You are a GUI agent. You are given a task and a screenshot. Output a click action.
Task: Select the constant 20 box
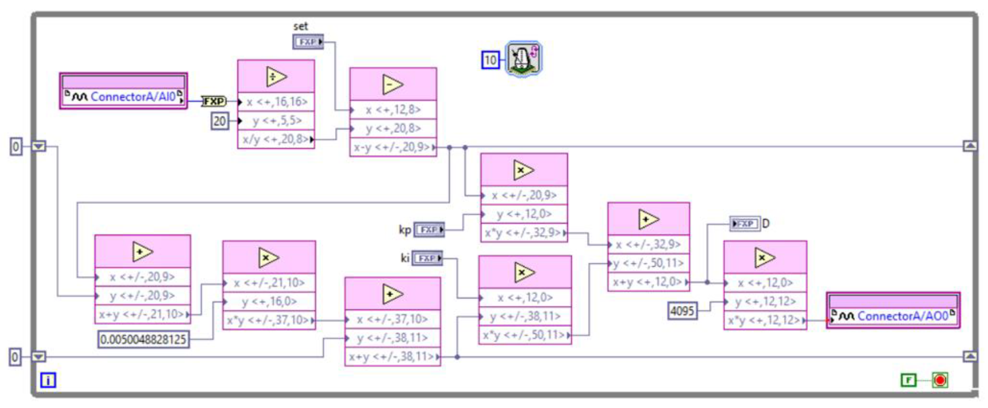pos(220,121)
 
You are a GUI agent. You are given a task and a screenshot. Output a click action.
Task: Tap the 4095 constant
pos(682,310)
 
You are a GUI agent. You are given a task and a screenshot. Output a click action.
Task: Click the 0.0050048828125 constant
pos(143,340)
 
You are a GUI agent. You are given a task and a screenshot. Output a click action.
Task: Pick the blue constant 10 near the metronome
pos(490,60)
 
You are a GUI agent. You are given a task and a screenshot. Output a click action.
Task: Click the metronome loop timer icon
pos(524,58)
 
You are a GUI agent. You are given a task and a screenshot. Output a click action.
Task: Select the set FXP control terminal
pos(308,41)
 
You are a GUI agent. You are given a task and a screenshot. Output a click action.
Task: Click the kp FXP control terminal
pos(429,230)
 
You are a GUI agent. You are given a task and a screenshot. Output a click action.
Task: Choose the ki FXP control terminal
pos(427,258)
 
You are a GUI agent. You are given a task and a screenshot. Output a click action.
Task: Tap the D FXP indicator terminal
pos(744,223)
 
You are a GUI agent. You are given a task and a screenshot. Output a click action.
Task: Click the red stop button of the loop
pos(940,380)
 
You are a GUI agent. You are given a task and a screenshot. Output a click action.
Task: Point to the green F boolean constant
pos(908,380)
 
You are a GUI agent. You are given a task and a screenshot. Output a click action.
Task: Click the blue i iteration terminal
pos(48,380)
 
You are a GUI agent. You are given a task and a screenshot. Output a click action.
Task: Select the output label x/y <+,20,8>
pos(275,139)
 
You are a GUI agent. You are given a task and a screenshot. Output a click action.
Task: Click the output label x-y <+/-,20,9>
pos(392,147)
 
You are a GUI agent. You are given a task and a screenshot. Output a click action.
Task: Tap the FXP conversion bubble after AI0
pos(214,101)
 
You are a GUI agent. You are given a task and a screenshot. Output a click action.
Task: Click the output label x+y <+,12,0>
pos(647,282)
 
